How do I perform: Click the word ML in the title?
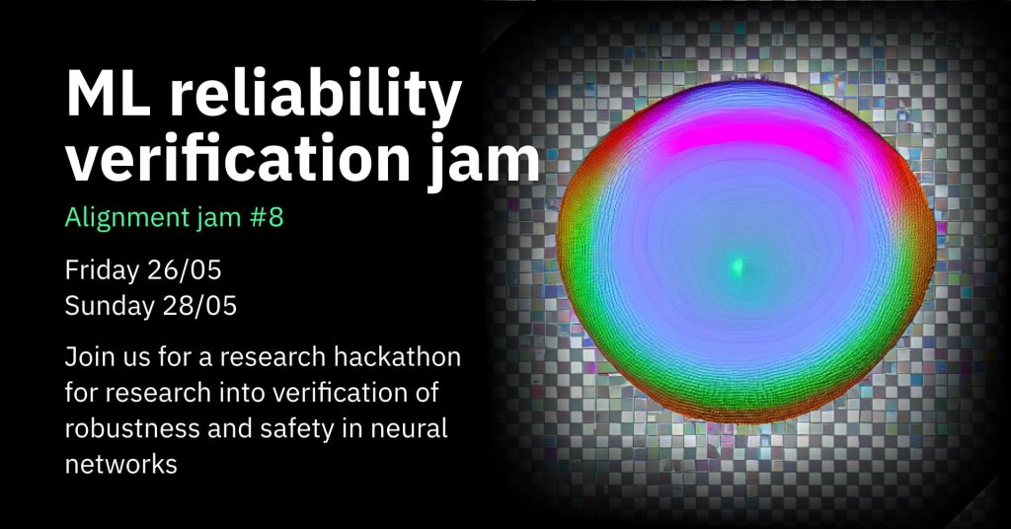[x=107, y=95]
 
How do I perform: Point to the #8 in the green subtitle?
[x=267, y=218]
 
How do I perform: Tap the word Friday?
[x=102, y=271]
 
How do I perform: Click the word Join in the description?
[x=85, y=357]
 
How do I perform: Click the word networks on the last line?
[x=121, y=464]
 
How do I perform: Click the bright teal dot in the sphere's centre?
[x=737, y=264]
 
